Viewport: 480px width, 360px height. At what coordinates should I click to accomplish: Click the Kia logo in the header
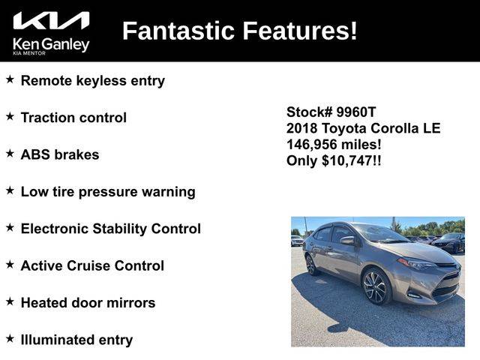[51, 21]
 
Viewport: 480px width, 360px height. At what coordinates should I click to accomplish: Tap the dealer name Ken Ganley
[51, 45]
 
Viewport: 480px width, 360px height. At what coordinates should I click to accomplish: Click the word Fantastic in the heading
[178, 31]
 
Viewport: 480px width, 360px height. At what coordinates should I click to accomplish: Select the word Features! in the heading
[300, 31]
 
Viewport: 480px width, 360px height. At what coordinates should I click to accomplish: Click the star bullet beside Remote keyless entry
[10, 79]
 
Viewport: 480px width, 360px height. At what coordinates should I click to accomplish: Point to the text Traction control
[73, 118]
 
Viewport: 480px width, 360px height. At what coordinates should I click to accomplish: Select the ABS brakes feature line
[60, 154]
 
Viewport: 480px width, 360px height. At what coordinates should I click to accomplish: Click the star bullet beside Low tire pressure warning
[10, 190]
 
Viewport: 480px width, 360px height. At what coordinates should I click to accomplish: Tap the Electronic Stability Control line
[111, 229]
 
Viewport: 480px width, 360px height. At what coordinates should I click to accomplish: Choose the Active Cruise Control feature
[92, 265]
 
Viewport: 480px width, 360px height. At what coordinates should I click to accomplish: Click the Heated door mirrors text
[88, 303]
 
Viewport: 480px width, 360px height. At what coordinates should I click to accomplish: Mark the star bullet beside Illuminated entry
[10, 338]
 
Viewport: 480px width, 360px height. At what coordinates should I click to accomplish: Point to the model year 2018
[301, 128]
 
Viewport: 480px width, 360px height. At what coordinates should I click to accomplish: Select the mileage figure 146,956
[312, 145]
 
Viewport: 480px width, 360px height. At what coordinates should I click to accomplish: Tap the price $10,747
[347, 161]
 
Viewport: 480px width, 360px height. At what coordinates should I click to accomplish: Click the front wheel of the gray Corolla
[376, 286]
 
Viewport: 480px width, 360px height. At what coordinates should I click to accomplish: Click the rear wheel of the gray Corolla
[311, 265]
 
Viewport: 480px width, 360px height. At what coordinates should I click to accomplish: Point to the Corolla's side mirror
[347, 240]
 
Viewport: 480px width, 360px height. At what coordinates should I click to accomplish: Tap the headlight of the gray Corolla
[415, 263]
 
